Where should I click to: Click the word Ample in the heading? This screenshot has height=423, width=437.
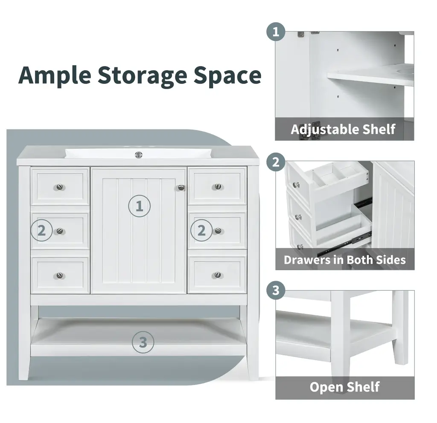55,75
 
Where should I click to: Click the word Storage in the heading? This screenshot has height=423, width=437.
142,75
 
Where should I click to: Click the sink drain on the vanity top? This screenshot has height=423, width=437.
139,155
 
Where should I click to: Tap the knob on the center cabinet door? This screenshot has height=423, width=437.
181,187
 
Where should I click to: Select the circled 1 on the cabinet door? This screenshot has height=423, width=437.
140,206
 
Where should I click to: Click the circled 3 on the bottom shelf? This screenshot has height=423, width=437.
143,342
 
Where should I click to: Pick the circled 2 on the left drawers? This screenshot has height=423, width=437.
41,230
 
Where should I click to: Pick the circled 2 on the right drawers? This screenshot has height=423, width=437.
201,230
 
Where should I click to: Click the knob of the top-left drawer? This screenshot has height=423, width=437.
60,187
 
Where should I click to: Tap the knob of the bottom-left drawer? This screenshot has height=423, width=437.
59,275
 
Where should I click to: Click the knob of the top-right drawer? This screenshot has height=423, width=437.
218,186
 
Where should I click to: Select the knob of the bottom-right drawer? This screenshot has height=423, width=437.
217,275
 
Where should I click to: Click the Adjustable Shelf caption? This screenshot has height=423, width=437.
343,129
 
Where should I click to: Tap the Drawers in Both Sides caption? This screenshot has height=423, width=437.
345,260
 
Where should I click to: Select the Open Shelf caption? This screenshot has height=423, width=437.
345,387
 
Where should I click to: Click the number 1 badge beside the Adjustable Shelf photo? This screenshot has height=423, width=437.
276,32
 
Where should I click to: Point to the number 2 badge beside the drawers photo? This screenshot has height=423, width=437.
276,162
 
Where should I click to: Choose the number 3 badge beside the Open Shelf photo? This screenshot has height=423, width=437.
276,291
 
